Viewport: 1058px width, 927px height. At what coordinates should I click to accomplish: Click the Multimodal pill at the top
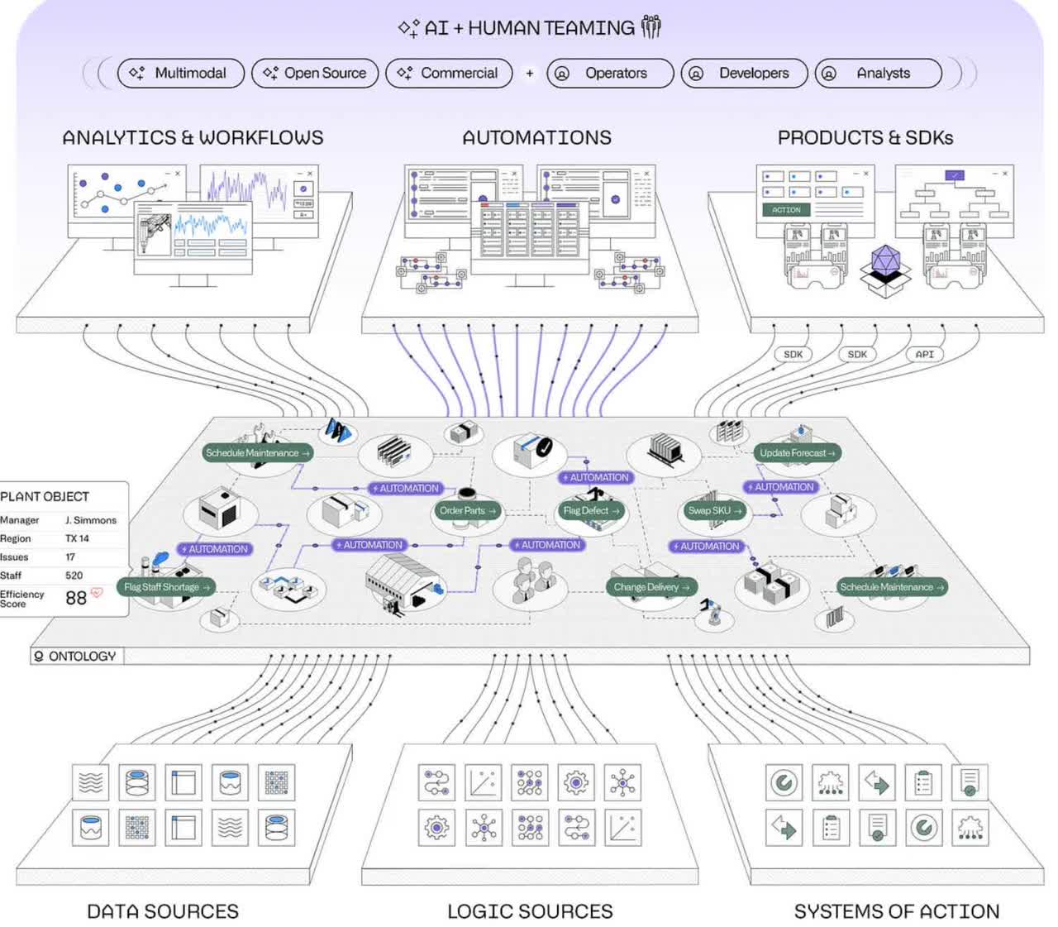tap(181, 73)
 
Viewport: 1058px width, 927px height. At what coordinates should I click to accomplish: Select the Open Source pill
tap(315, 73)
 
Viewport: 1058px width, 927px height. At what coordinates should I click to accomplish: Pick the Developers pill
tap(744, 73)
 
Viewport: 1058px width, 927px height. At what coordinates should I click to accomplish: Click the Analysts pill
tap(878, 73)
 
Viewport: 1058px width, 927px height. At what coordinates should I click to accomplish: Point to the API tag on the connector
tap(924, 354)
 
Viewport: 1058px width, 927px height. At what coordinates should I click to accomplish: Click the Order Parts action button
tap(467, 510)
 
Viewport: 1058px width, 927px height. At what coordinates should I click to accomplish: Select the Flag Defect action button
tap(590, 510)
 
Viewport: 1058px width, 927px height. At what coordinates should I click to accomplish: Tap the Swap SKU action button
tap(714, 510)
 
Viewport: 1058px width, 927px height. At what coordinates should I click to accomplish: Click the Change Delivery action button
tap(651, 587)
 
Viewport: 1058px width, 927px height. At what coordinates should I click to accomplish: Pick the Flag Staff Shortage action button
tap(166, 587)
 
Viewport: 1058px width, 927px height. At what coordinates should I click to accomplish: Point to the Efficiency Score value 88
tap(76, 598)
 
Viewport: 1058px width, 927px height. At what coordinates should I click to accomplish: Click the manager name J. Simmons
tap(91, 520)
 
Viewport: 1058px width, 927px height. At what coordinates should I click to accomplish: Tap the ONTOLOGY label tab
tap(75, 656)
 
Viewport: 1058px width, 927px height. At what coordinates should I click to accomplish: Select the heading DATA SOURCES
tap(163, 911)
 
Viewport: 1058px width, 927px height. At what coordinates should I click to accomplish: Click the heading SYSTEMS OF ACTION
tap(897, 911)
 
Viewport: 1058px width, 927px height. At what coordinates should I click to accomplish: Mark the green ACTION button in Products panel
tap(786, 210)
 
